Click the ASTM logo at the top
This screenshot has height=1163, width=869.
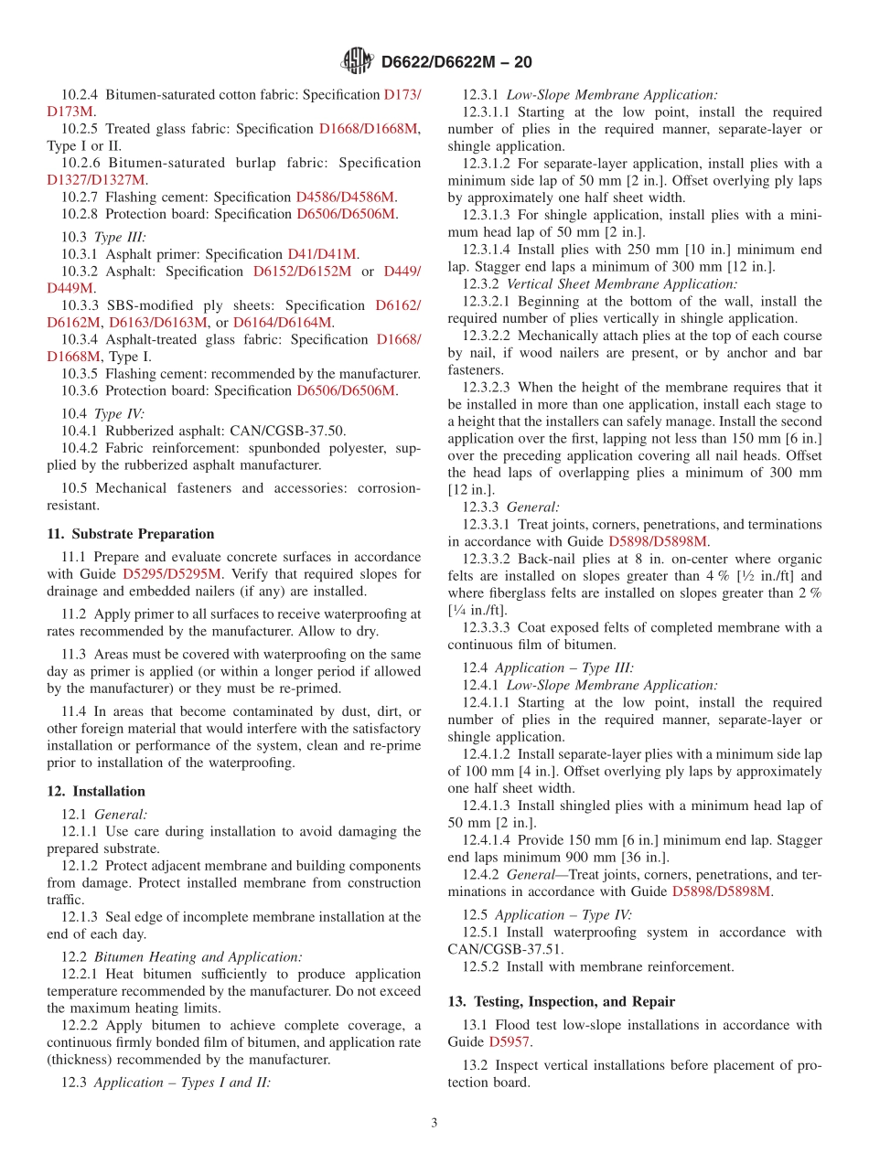click(356, 61)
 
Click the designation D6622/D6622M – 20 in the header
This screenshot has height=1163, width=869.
click(456, 62)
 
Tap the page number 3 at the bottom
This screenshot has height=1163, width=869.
click(434, 1123)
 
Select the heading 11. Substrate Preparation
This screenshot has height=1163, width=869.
click(131, 534)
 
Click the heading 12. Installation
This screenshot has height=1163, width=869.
click(96, 791)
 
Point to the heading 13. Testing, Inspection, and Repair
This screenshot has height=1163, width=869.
click(561, 1001)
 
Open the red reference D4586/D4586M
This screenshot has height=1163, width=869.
click(345, 197)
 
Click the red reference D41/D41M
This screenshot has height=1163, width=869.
click(323, 254)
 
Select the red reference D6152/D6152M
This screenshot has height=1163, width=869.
click(302, 272)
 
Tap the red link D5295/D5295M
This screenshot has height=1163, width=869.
click(172, 574)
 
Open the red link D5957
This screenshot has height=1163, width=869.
click(509, 1041)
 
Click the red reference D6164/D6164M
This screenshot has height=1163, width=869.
click(283, 322)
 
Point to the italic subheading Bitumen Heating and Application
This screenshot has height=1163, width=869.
click(198, 956)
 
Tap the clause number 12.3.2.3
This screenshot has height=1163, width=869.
click(487, 387)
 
